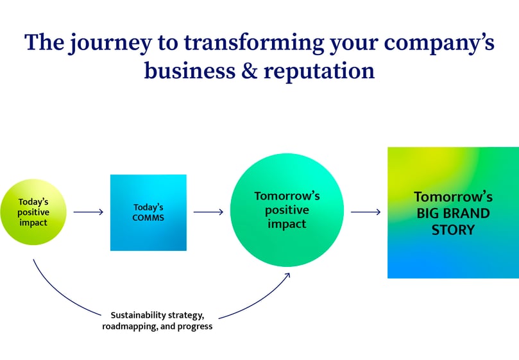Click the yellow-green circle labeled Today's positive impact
pos(33,212)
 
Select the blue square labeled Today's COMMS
pos(148,212)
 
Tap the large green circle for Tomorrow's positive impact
pos(287,210)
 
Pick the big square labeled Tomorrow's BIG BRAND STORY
pos(453,212)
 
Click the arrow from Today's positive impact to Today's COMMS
pos(88,212)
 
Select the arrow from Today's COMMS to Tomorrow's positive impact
pos(208,212)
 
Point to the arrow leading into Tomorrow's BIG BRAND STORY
pos(366,212)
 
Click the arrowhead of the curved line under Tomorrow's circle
pos(287,275)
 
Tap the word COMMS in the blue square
pos(148,218)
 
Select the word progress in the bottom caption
pos(195,326)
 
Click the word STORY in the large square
pos(453,229)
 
